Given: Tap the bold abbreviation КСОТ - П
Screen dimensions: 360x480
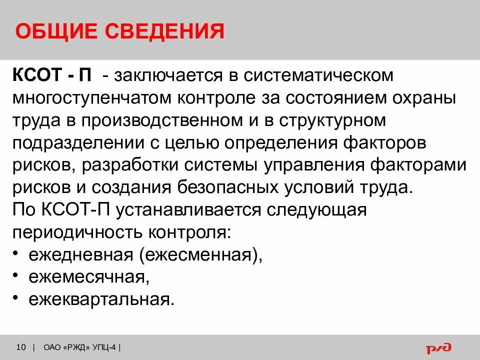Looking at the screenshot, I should pyautogui.click(x=52, y=76).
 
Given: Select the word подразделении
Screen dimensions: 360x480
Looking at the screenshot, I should pyautogui.click(x=69, y=143).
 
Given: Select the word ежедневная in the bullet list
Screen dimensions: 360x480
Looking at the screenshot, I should pyautogui.click(x=80, y=255).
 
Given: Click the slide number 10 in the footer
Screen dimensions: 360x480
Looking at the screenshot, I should pyautogui.click(x=21, y=347).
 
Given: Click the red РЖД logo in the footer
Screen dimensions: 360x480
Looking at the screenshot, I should pyautogui.click(x=438, y=347).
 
